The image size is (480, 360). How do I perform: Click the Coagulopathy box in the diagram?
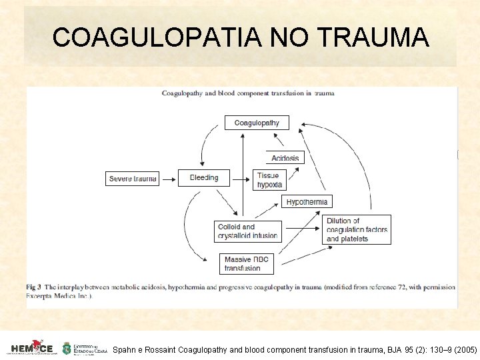tap(257, 123)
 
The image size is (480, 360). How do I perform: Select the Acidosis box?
tap(285, 158)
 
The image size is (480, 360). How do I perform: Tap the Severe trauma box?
tap(132, 178)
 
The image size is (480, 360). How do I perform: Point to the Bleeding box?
tap(203, 177)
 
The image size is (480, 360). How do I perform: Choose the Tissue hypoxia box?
tap(269, 179)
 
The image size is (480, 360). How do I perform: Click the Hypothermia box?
tap(307, 201)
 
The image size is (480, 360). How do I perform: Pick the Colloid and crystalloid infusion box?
tap(248, 231)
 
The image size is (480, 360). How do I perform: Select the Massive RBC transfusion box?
tap(247, 264)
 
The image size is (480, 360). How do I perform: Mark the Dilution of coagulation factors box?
tap(357, 229)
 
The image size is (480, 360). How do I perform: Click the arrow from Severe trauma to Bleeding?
tap(169, 178)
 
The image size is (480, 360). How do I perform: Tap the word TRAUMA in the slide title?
tap(373, 37)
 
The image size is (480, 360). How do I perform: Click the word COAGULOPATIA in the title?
tap(156, 37)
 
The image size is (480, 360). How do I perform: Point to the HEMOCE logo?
tap(32, 348)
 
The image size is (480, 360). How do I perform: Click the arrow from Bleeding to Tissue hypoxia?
tap(241, 178)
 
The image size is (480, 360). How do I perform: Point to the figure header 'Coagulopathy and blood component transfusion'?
tap(248, 93)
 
